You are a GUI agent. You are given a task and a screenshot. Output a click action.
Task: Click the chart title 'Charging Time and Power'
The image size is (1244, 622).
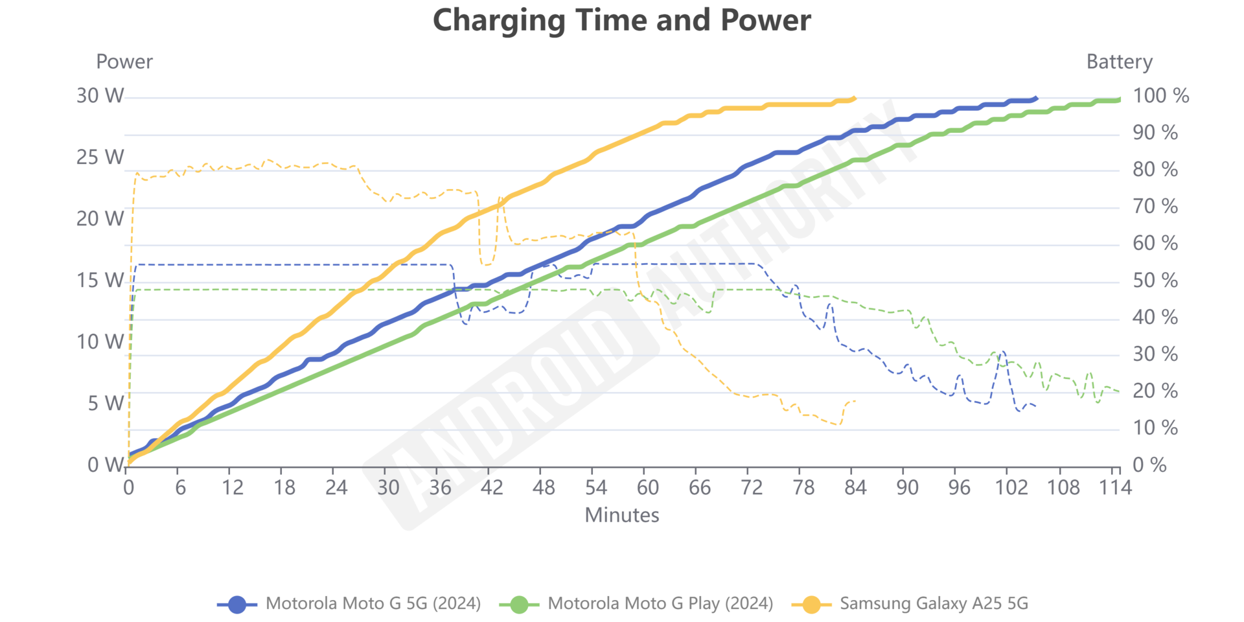pyautogui.click(x=621, y=21)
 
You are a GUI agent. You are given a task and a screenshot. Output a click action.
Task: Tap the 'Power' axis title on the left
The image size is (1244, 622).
pyautogui.click(x=124, y=62)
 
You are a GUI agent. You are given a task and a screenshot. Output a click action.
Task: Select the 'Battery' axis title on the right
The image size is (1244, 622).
pyautogui.click(x=1119, y=62)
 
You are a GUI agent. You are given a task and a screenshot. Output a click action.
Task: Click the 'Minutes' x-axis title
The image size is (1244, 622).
pyautogui.click(x=621, y=515)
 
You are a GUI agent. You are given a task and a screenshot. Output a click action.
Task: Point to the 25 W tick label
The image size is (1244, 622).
pyautogui.click(x=100, y=157)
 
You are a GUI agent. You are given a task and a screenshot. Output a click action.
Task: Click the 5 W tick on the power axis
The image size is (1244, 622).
pyautogui.click(x=105, y=404)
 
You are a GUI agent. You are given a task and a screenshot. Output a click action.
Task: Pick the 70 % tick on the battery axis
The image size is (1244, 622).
pyautogui.click(x=1155, y=207)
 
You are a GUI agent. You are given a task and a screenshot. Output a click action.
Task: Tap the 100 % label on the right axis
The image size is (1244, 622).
pyautogui.click(x=1160, y=96)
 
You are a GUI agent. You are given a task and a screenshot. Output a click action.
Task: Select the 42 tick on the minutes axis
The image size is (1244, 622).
pyautogui.click(x=491, y=487)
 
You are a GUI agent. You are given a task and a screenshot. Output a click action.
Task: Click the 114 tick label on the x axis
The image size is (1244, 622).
pyautogui.click(x=1114, y=487)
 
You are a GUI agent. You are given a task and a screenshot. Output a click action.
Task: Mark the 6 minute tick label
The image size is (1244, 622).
pyautogui.click(x=180, y=487)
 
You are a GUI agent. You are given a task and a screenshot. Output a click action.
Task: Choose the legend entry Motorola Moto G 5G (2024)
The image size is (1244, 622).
pyautogui.click(x=373, y=604)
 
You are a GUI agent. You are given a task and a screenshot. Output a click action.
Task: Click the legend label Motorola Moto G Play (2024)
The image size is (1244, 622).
pyautogui.click(x=660, y=604)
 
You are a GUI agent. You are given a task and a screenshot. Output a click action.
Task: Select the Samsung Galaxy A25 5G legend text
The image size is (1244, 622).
pyautogui.click(x=934, y=604)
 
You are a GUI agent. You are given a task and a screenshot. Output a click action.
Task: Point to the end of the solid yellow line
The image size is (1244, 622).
pyautogui.click(x=855, y=98)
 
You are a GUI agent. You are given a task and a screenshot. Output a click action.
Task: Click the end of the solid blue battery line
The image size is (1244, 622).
pyautogui.click(x=1037, y=98)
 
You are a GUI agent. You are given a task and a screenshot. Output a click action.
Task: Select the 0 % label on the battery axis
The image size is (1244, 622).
pyautogui.click(x=1149, y=465)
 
